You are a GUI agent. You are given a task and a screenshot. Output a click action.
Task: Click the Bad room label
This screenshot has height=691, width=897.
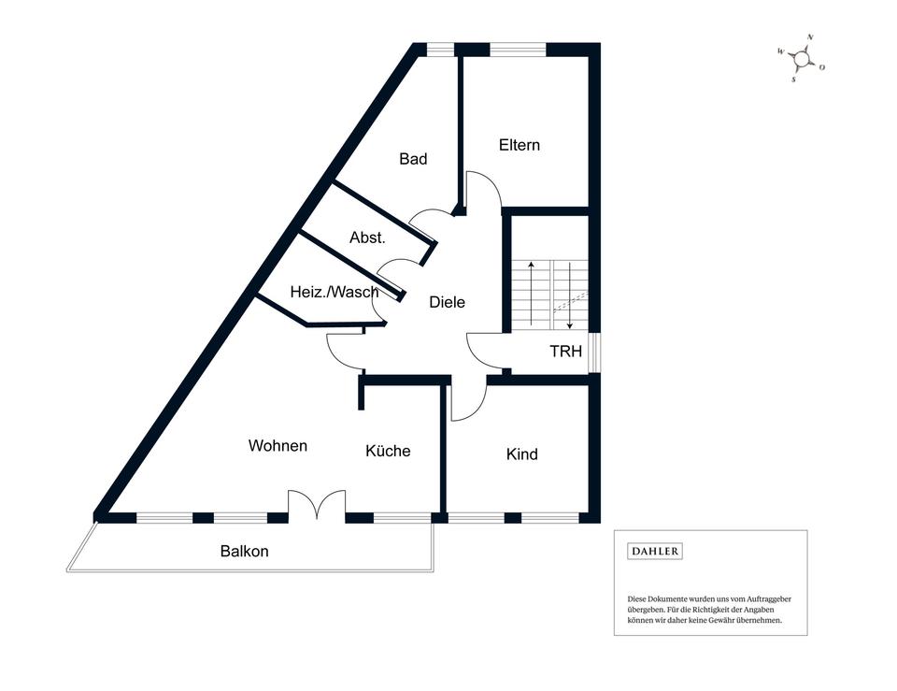(x=413, y=159)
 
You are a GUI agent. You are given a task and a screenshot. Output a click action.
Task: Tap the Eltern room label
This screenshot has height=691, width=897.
(x=520, y=145)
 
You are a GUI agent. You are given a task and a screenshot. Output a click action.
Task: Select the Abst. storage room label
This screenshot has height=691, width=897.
(x=367, y=238)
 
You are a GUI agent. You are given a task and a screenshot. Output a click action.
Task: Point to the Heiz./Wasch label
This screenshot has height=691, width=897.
(x=335, y=292)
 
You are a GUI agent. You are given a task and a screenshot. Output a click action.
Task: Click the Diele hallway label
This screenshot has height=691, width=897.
(x=447, y=302)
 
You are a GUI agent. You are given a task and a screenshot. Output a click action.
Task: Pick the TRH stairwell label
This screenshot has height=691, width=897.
(x=565, y=352)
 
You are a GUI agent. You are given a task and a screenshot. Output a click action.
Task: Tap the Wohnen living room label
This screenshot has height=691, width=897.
(x=278, y=445)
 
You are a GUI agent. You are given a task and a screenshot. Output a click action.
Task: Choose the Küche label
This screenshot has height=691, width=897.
(x=388, y=451)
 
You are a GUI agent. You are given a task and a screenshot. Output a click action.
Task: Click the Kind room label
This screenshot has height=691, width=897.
(x=522, y=454)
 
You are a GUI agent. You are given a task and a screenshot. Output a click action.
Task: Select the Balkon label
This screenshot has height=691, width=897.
(x=245, y=551)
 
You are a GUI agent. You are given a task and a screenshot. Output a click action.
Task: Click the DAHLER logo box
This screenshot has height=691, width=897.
(x=655, y=552)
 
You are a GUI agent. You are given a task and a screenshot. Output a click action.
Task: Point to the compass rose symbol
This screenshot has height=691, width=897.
(x=801, y=60)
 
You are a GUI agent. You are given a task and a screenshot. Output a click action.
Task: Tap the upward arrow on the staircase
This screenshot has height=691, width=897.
(x=532, y=294)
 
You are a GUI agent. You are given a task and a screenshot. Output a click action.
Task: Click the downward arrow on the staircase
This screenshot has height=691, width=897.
(x=569, y=294)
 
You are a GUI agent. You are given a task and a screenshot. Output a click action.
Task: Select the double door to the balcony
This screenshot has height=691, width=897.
(x=318, y=505)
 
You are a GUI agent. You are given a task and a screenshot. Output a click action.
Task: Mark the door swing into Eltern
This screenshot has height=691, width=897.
(x=484, y=190)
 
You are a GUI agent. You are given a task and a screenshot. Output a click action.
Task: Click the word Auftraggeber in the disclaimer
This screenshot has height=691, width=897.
(x=768, y=598)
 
